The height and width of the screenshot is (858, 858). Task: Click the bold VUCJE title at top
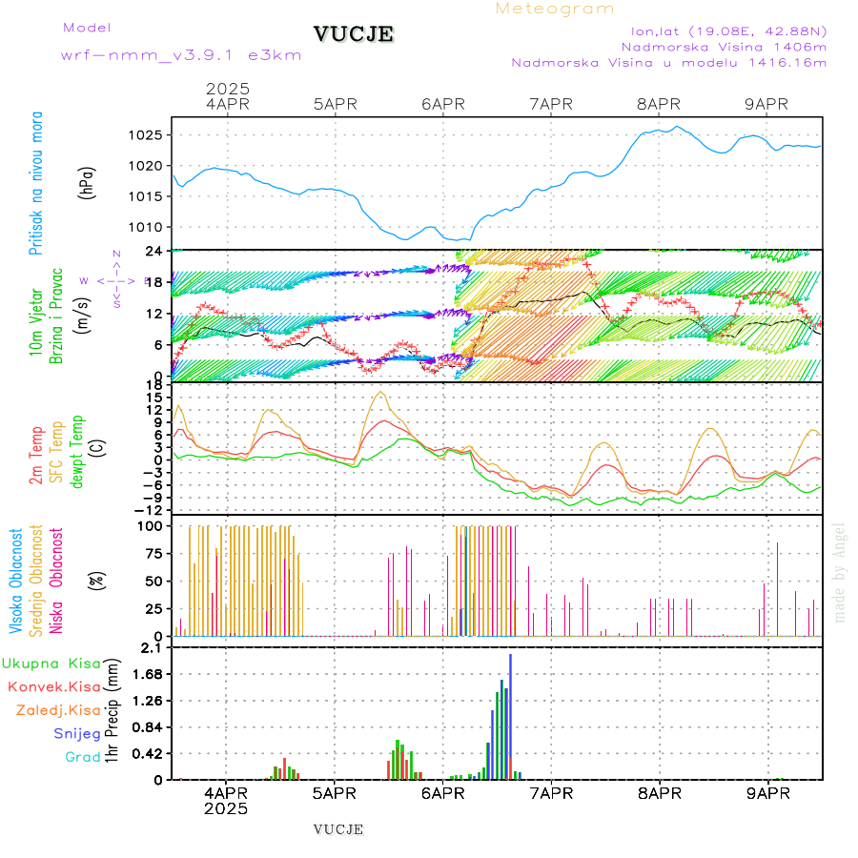354,34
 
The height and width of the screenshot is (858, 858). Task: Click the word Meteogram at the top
555,9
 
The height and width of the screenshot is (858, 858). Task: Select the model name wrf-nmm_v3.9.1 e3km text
181,54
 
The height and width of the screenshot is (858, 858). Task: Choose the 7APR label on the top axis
550,104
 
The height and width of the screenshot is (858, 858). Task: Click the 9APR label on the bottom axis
766,792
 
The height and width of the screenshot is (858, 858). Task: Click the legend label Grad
82,757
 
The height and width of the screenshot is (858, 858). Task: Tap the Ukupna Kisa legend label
51,663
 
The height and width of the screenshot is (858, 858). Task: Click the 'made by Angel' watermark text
840,572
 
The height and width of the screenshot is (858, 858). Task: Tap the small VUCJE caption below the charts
338,829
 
